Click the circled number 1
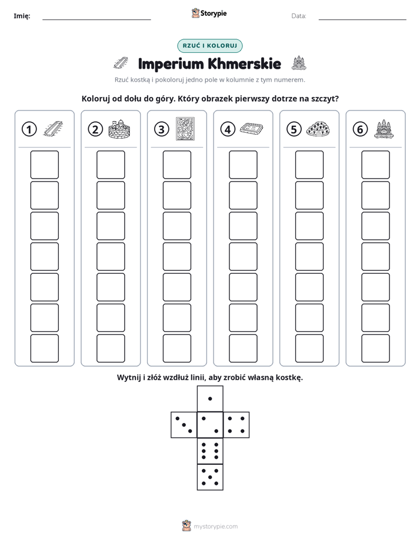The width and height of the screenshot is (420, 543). point(29,129)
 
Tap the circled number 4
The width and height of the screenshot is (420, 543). point(228,129)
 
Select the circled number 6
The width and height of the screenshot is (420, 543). point(360,129)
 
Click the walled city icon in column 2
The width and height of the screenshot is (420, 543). point(119,129)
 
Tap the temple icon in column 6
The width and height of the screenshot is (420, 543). point(384,129)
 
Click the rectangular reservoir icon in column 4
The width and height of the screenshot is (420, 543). point(252,129)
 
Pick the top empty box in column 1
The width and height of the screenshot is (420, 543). point(44,165)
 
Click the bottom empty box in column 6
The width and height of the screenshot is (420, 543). point(376,348)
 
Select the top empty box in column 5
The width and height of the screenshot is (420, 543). point(309,165)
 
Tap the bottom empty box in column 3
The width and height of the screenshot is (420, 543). point(177,348)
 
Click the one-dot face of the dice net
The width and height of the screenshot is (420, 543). point(210,398)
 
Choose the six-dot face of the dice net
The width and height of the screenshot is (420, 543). point(210,451)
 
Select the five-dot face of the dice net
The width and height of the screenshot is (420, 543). point(210,477)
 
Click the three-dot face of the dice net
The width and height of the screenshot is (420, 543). point(184,425)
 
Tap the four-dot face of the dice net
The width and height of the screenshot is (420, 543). point(236,425)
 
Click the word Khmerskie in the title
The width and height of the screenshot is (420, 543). point(244,63)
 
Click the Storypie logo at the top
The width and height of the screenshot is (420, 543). point(209,14)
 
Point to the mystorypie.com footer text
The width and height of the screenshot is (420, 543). point(215,527)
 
